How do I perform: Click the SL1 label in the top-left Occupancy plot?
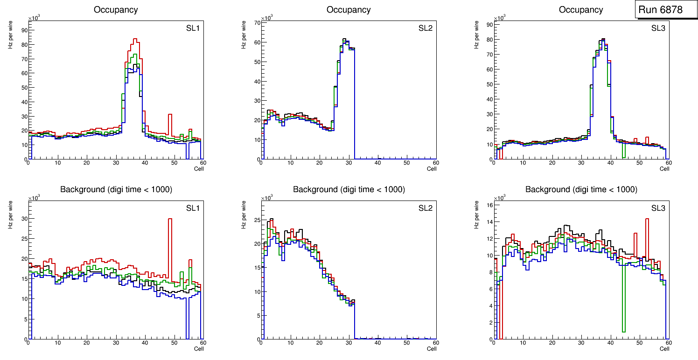coord(193,29)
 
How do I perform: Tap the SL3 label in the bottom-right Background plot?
coord(658,208)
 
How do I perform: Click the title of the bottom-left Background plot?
coord(116,189)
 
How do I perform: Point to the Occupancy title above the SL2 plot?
coord(349,10)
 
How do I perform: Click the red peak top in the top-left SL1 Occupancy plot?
coord(135,39)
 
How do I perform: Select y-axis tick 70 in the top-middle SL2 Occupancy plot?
coord(257,22)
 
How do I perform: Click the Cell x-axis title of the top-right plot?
coord(664,169)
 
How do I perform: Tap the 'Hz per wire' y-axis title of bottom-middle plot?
coord(244,215)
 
